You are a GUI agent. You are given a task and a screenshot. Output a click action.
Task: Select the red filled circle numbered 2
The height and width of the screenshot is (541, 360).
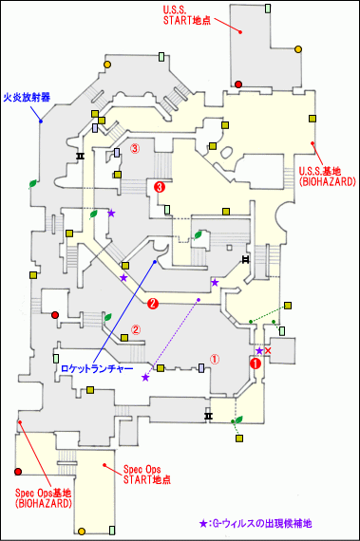click(152, 304)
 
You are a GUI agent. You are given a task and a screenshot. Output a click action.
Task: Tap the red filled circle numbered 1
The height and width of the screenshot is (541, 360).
click(254, 362)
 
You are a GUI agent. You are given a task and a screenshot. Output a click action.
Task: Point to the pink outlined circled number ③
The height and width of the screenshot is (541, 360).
click(135, 148)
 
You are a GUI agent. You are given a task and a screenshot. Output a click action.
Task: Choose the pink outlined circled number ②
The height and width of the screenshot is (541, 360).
click(136, 330)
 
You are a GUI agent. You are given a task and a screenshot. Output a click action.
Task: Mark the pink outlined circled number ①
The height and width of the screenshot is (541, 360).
click(214, 360)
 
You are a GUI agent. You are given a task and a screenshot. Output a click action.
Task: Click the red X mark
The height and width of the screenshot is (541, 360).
click(268, 352)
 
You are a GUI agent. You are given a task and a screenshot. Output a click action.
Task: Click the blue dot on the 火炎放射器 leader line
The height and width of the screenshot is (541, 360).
click(40, 121)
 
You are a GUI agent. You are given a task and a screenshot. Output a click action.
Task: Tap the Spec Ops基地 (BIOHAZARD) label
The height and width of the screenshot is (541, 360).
click(43, 497)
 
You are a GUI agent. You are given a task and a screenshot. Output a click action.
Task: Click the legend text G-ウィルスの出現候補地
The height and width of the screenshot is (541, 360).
click(260, 523)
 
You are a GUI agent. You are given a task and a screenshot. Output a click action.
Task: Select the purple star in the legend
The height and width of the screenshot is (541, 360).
click(202, 523)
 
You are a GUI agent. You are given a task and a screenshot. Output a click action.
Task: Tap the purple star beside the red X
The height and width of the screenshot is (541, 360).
click(258, 351)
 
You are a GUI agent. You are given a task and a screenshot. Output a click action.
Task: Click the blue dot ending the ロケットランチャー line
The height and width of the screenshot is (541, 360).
click(155, 261)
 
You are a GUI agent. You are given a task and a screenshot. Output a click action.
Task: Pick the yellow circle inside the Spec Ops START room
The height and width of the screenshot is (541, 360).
click(85, 529)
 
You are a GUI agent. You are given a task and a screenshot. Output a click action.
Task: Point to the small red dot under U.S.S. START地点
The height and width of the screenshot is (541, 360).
click(241, 33)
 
